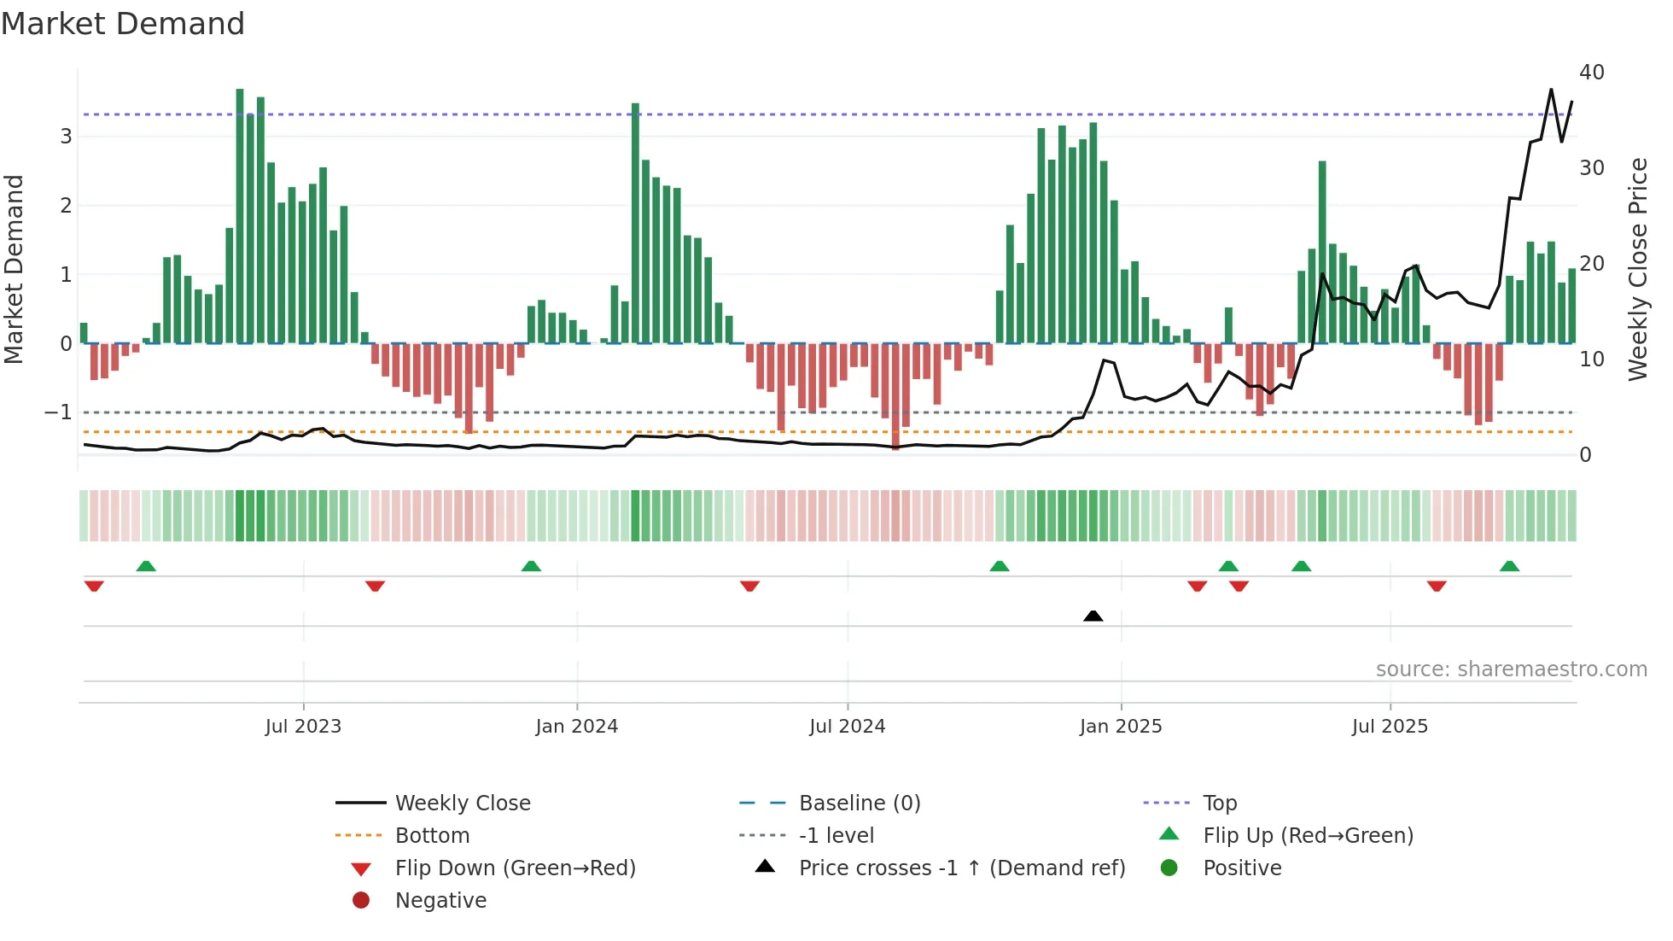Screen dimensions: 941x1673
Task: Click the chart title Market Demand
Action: [123, 24]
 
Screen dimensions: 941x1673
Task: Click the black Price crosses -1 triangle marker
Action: [1093, 616]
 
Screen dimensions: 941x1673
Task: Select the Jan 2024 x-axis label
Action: [576, 727]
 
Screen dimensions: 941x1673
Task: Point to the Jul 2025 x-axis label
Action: [1390, 727]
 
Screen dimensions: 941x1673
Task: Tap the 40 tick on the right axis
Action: [1591, 73]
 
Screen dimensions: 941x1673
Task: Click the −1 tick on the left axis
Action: [58, 412]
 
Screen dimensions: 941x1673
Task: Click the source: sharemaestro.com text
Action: [1511, 669]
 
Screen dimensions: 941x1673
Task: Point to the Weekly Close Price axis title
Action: [1637, 269]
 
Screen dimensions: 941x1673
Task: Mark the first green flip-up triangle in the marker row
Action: [146, 566]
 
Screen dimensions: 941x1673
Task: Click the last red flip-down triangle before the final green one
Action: [1437, 586]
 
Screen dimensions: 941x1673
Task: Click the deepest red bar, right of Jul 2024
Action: [895, 397]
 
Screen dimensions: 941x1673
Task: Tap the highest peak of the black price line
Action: [1551, 90]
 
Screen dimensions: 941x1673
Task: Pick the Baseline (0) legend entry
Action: [859, 804]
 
